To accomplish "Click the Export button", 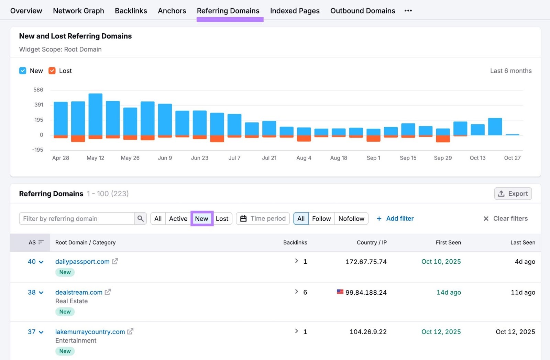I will tap(513, 194).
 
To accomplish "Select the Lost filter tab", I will tap(222, 219).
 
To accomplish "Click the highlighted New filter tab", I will tap(202, 219).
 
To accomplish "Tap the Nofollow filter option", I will tap(351, 219).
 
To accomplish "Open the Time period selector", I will tap(263, 219).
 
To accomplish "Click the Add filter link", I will tap(395, 219).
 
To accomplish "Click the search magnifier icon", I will tap(140, 219).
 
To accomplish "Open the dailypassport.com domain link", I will tap(82, 262).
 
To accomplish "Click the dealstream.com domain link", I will tap(79, 292).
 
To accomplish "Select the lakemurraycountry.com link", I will tap(90, 332).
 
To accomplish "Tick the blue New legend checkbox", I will tap(23, 71).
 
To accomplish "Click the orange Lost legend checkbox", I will tap(52, 71).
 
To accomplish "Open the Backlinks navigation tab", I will tap(131, 11).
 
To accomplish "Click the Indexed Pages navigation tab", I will tap(295, 11).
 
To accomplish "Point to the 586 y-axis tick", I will tap(38, 90).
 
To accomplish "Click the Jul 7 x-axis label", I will tap(234, 158).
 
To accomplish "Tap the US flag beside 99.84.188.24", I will tap(340, 292).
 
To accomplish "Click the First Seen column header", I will tap(448, 242).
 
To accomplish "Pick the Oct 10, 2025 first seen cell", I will tap(441, 262).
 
